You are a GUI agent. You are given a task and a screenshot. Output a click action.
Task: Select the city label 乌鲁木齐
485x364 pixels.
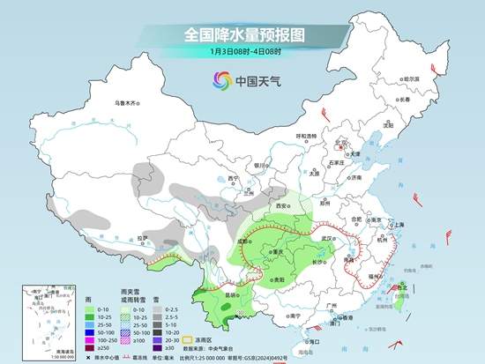pyautogui.click(x=127, y=103)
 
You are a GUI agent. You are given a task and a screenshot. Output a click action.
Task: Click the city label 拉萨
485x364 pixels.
pyautogui.click(x=142, y=237)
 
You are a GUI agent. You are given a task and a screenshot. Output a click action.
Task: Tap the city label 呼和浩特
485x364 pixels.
pyautogui.click(x=306, y=136)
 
